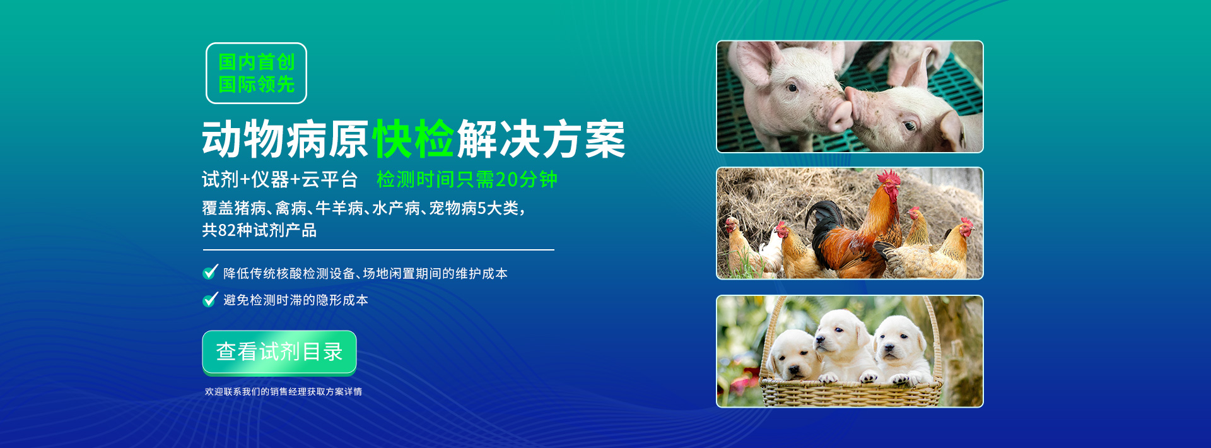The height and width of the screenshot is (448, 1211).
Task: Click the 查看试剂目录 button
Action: [x=279, y=351]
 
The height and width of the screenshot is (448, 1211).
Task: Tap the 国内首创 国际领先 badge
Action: [x=256, y=73]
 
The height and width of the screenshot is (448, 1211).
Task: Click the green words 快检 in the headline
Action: [x=413, y=139]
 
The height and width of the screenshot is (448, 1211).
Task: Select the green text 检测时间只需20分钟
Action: [x=467, y=179]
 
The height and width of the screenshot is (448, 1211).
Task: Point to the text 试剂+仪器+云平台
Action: [x=279, y=179]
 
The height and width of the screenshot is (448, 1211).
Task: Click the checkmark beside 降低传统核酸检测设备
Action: [x=211, y=272]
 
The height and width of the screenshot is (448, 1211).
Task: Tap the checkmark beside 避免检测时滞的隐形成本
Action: [x=211, y=298]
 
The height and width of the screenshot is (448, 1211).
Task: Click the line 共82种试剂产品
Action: [x=259, y=230]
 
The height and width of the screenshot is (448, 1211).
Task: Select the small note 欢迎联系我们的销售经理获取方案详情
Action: [x=283, y=392]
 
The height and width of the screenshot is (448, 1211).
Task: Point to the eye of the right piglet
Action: [x=909, y=126]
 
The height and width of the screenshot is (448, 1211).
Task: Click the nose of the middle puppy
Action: [x=819, y=343]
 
